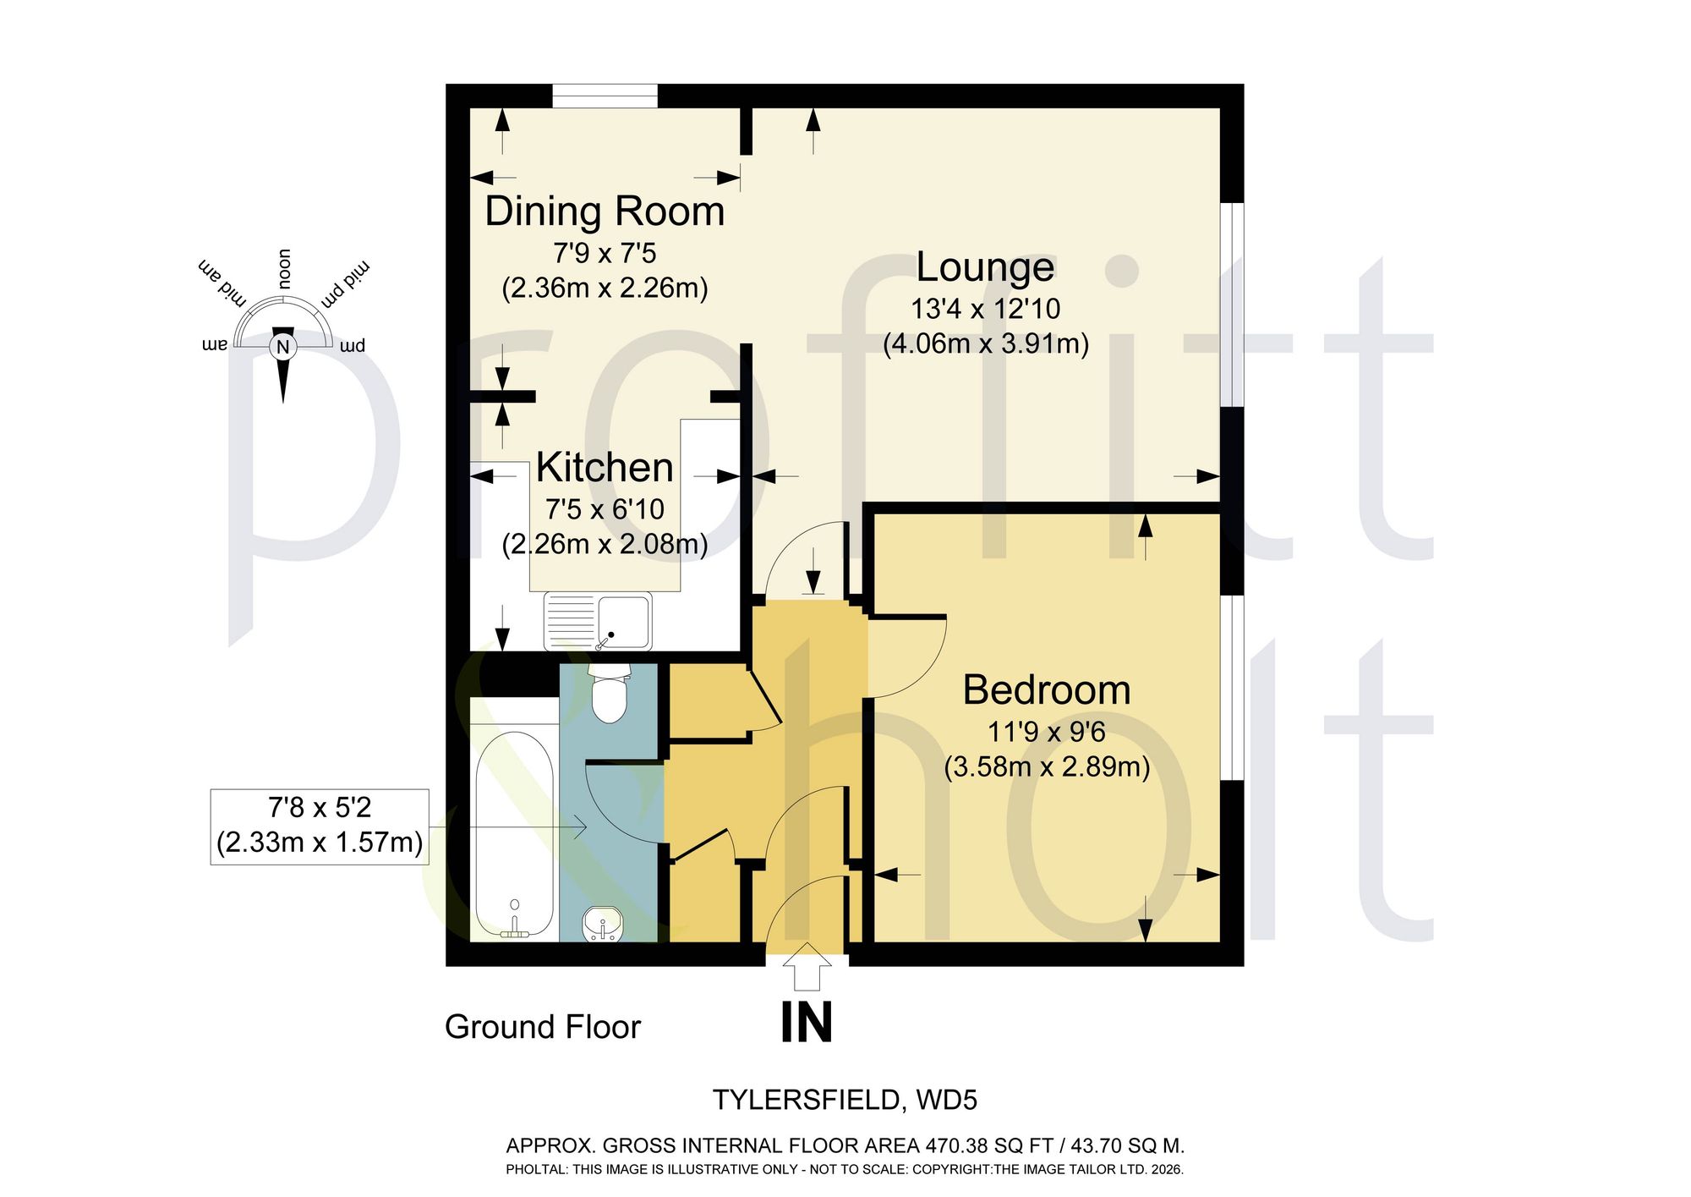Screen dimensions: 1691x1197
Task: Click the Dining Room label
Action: coord(605,211)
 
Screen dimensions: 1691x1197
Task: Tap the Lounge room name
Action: coord(985,266)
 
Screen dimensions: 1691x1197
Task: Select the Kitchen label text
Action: coord(605,467)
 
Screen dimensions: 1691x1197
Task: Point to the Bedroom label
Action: coord(1047,689)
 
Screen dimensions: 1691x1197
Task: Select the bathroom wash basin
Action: coord(603,924)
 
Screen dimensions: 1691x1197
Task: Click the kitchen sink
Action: coord(598,621)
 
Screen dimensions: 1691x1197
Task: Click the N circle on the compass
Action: coord(282,347)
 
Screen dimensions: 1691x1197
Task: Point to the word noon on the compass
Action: coord(284,269)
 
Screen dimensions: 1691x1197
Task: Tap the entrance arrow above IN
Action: coord(807,966)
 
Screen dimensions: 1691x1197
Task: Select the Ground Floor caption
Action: coord(543,1027)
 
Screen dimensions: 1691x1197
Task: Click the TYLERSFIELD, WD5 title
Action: coord(845,1100)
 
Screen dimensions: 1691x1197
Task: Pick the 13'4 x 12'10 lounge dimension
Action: coord(985,309)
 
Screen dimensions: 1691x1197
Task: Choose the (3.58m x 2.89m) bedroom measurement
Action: coord(1047,766)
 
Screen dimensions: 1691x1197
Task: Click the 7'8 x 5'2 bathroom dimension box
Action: coord(320,826)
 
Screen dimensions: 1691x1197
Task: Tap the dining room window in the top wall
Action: coord(605,96)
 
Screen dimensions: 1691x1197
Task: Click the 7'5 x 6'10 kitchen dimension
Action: coord(605,509)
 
